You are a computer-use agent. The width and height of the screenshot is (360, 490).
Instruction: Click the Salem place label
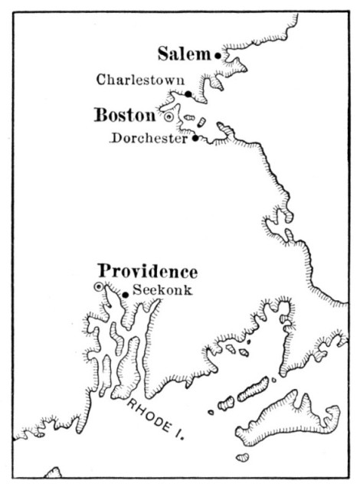(x=185, y=54)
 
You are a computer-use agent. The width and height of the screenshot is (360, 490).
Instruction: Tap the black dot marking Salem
(x=218, y=55)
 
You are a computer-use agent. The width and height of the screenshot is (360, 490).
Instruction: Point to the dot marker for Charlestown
(x=189, y=94)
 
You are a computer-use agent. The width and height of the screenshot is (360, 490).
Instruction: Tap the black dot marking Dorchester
(x=196, y=139)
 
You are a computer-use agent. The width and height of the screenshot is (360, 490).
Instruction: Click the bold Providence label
(x=148, y=272)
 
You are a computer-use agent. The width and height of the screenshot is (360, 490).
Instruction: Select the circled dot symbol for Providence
(x=99, y=287)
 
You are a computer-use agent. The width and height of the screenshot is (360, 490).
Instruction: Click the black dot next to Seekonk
(x=126, y=294)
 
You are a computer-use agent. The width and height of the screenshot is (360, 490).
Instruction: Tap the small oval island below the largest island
(x=242, y=457)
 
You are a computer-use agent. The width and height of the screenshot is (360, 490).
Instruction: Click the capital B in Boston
(x=101, y=116)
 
